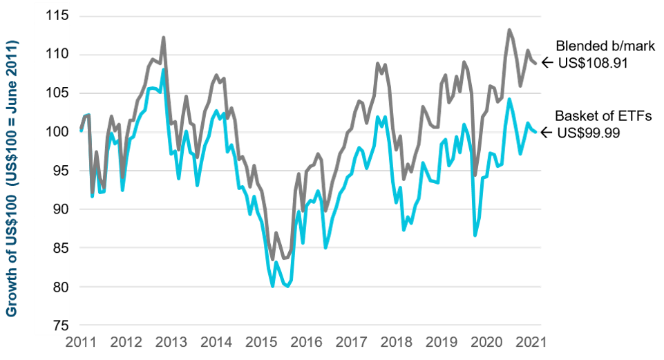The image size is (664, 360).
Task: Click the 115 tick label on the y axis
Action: [x=58, y=16]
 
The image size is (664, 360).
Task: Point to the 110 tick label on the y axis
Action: [x=58, y=55]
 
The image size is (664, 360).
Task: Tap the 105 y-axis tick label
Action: [x=58, y=93]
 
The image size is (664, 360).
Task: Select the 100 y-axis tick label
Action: [x=58, y=132]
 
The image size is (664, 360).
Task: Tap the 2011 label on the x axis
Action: [x=80, y=343]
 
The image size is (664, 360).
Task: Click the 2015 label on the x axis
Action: [x=262, y=343]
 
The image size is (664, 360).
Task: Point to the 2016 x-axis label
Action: [x=307, y=343]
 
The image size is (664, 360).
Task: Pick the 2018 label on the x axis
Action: [x=399, y=343]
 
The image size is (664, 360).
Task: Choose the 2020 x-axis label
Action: [x=490, y=343]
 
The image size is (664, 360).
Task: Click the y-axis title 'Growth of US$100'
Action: [x=12, y=178]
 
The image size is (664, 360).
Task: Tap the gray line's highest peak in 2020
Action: [x=509, y=30]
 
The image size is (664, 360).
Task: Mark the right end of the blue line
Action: [x=539, y=132]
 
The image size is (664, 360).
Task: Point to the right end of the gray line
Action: [x=539, y=64]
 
